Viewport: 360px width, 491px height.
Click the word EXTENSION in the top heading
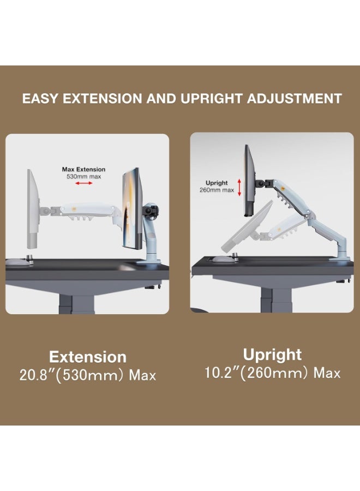point(98,99)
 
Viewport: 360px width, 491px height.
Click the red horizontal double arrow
point(83,184)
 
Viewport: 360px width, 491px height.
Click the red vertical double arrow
point(239,186)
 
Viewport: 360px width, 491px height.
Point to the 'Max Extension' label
point(83,169)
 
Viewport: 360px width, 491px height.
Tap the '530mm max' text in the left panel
point(83,176)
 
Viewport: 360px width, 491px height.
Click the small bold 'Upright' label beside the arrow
point(217,183)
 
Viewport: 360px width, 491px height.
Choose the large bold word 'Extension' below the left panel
point(88,357)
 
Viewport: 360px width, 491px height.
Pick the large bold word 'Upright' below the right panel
point(272,355)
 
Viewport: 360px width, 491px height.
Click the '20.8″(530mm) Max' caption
point(88,375)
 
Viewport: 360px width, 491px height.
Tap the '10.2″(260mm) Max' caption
point(272,373)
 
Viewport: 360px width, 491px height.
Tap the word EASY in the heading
point(40,99)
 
